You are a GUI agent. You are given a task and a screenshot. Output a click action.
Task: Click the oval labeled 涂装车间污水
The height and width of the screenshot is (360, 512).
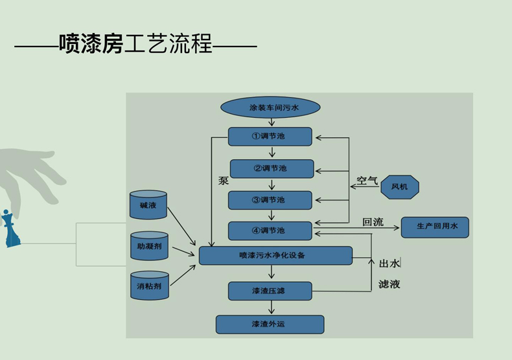(x=270, y=107)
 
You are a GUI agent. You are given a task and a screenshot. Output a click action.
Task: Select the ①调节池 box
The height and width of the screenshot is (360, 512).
(x=270, y=137)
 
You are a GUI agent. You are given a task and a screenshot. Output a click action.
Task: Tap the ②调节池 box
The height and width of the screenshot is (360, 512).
(x=272, y=168)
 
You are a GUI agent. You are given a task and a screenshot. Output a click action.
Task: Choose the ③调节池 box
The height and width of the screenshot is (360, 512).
(x=270, y=200)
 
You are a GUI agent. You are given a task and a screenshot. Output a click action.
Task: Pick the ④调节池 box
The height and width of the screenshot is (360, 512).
(x=270, y=231)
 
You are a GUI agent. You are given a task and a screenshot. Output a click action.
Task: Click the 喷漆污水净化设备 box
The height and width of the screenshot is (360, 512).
(x=275, y=255)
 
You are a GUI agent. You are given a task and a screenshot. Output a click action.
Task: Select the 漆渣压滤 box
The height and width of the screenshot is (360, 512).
(x=270, y=291)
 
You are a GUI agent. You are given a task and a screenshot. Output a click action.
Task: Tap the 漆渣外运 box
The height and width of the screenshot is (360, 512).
(x=270, y=324)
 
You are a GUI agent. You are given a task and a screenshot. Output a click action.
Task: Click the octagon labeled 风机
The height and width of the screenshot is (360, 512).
(x=399, y=187)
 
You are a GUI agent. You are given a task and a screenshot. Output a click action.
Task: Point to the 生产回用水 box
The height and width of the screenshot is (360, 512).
(x=435, y=227)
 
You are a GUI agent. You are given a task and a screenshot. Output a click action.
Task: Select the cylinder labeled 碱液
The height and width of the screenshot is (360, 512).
(x=148, y=205)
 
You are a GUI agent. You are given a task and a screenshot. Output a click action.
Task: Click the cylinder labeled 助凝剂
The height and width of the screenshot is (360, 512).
(x=149, y=246)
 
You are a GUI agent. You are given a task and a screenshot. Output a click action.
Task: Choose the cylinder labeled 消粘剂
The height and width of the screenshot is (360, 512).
(x=149, y=286)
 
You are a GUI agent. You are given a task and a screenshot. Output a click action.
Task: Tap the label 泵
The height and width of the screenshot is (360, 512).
(x=224, y=181)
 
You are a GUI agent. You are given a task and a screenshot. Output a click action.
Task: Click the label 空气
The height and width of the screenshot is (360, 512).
(x=367, y=181)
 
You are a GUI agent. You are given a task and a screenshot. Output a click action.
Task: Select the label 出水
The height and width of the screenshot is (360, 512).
(x=389, y=263)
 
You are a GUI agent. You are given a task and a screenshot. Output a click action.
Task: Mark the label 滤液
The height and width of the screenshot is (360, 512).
(x=389, y=284)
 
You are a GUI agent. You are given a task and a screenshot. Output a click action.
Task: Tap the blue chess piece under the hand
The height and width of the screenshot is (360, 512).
(x=10, y=229)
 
